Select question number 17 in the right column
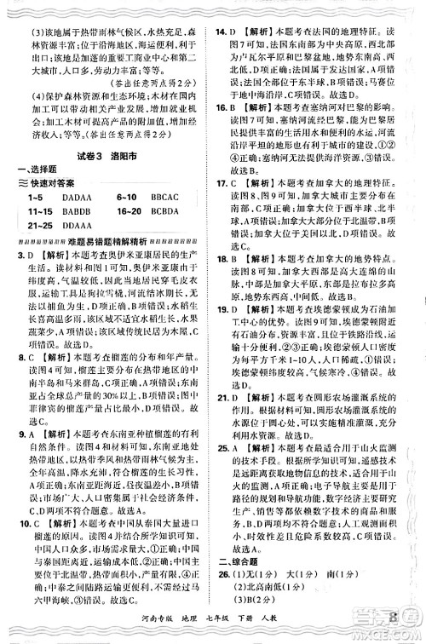tap(222, 182)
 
